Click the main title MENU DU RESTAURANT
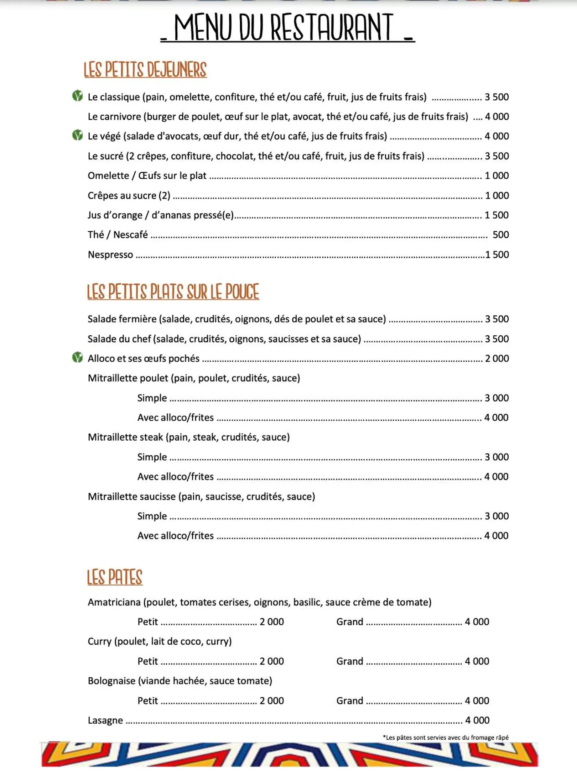(x=287, y=28)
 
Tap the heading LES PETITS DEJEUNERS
(x=145, y=69)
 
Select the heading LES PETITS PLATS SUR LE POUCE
(x=173, y=292)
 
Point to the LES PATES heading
(x=115, y=577)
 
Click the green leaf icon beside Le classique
(x=77, y=96)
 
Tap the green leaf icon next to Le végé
(x=77, y=135)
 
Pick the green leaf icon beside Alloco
(x=77, y=357)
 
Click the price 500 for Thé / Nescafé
(x=500, y=235)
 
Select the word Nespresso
(x=110, y=255)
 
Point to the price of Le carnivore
(x=497, y=117)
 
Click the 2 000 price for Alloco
(x=497, y=358)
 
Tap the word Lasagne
(x=105, y=720)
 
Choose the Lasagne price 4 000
(x=477, y=720)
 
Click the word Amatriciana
(x=114, y=602)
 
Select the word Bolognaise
(x=111, y=681)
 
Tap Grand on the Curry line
(x=349, y=661)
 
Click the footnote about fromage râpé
(x=445, y=738)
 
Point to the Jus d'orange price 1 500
(x=497, y=215)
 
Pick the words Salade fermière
(x=122, y=319)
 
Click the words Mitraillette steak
(x=125, y=437)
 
